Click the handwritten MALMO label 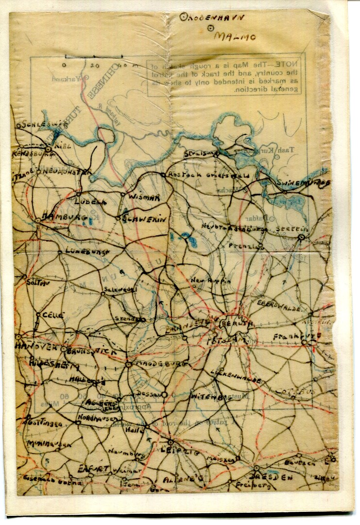tap(230, 36)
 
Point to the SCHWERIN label tap(144, 220)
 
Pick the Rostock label tap(181, 174)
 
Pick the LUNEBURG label tap(84, 252)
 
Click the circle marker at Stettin tap(301, 237)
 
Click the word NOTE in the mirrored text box tap(292, 64)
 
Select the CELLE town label tap(53, 315)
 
